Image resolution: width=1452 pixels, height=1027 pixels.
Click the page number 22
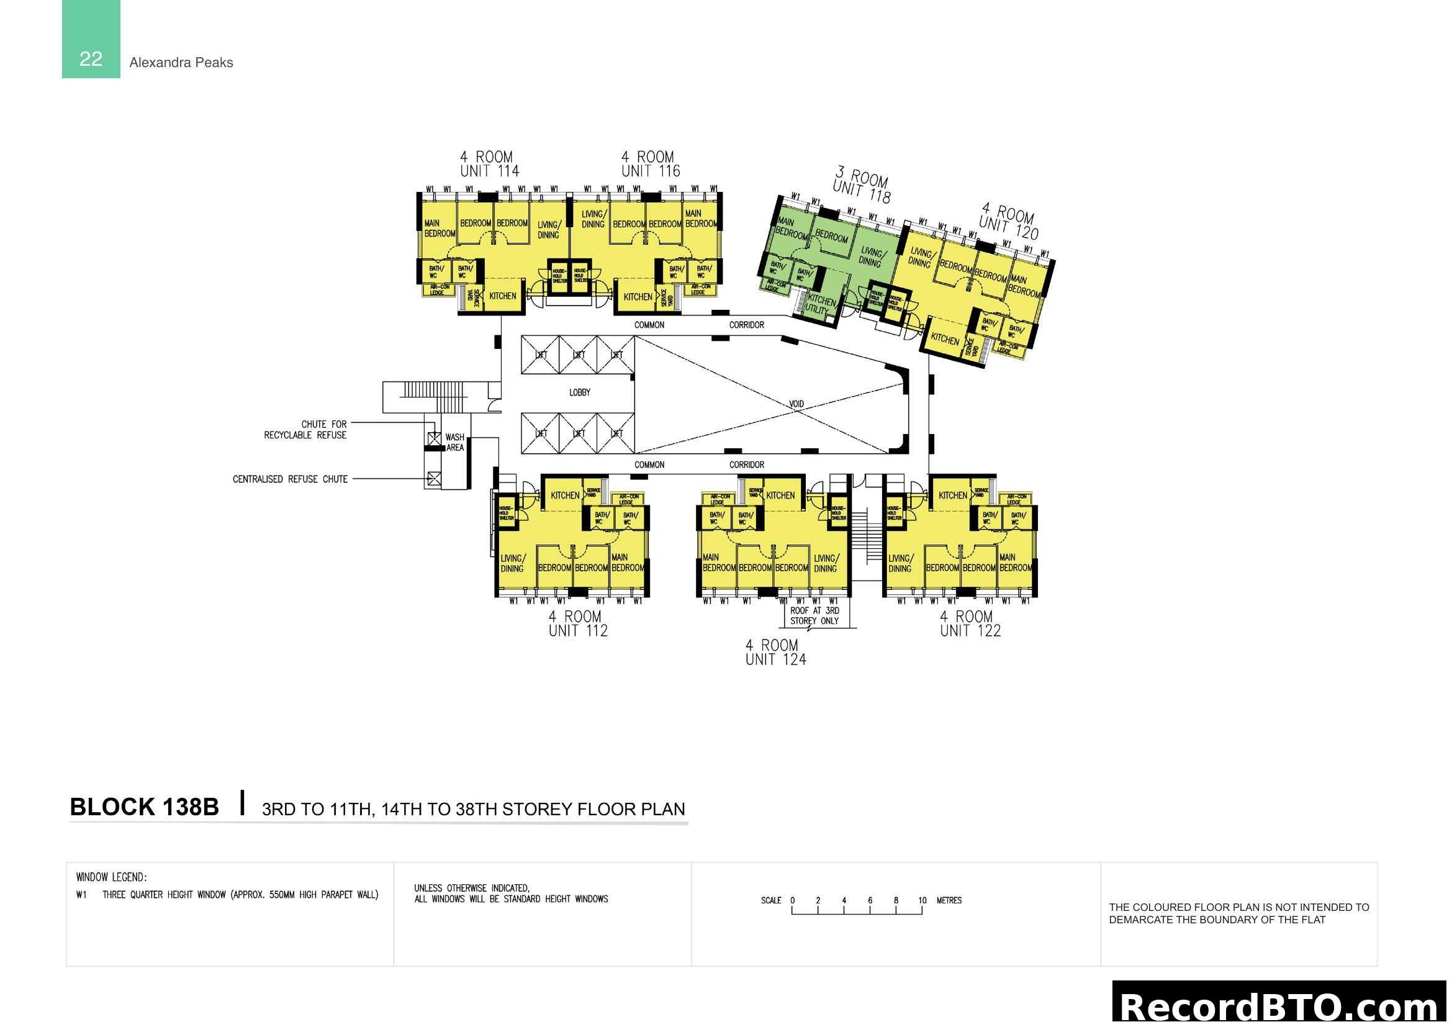click(91, 59)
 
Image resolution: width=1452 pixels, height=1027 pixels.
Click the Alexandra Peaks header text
click(181, 63)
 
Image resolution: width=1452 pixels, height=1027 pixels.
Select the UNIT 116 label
click(650, 171)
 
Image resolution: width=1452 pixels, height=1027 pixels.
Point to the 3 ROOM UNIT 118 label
click(862, 184)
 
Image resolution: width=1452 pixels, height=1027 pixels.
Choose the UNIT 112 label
click(578, 630)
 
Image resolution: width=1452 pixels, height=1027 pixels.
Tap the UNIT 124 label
click(775, 659)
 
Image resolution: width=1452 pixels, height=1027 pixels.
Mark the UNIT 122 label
click(970, 630)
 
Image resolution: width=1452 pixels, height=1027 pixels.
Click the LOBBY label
click(579, 392)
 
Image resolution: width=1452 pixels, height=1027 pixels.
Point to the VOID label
click(796, 404)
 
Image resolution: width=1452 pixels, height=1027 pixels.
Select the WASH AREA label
click(454, 442)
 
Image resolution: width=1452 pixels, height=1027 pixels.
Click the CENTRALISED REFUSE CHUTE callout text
click(290, 479)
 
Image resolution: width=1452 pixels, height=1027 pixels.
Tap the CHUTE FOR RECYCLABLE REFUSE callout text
click(306, 430)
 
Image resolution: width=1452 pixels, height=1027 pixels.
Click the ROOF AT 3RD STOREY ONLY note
click(814, 615)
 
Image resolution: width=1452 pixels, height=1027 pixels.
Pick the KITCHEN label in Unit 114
click(502, 296)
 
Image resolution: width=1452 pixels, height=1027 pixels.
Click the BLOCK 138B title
click(144, 808)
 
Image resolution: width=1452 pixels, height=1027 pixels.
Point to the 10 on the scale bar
click(922, 900)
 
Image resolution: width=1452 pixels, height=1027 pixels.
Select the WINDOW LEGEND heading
click(111, 877)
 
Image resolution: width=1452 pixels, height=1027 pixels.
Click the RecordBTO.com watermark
click(1281, 1005)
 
